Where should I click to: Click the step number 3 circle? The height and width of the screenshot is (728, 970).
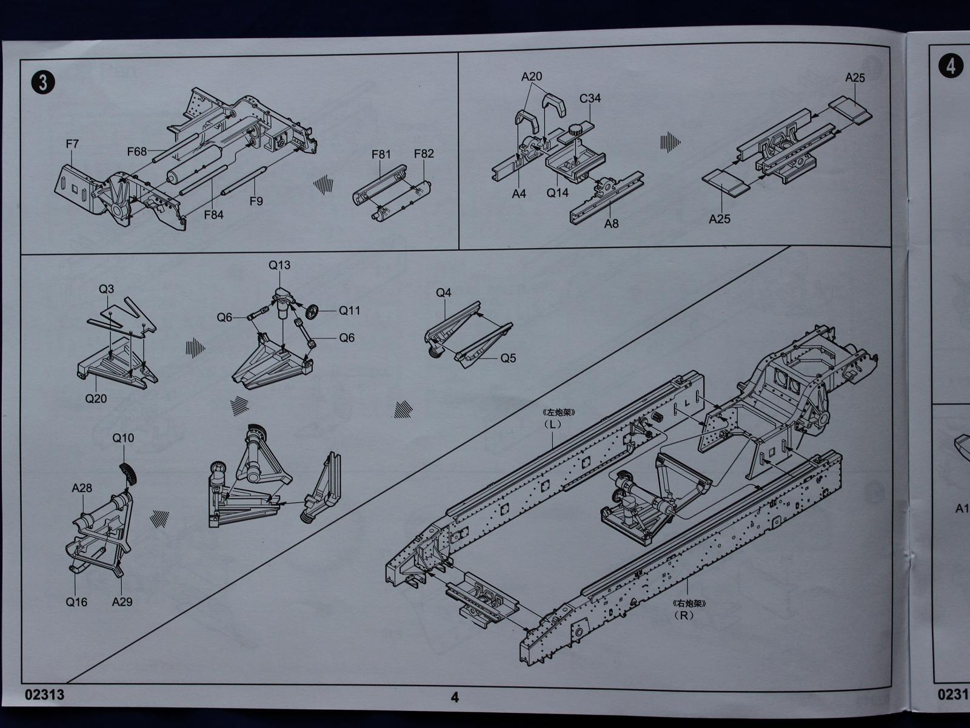point(42,82)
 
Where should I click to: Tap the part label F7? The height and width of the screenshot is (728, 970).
point(72,144)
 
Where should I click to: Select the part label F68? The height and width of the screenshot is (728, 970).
point(137,151)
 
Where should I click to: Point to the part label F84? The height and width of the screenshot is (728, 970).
point(213,214)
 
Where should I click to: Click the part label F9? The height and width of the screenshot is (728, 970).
point(256,201)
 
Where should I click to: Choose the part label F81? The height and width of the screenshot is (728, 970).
point(381,154)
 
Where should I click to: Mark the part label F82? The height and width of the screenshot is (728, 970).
point(424,153)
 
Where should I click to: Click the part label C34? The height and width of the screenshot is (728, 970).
point(590,98)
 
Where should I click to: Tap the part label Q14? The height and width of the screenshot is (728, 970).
point(558,193)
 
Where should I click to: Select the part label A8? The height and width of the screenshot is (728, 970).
point(611,224)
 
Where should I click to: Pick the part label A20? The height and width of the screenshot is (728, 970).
point(532,76)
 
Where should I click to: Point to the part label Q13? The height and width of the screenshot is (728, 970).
point(279,265)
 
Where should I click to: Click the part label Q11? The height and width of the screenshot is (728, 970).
point(349,311)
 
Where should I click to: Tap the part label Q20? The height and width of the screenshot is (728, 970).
point(96,399)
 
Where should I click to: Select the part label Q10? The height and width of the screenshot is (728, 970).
point(123,438)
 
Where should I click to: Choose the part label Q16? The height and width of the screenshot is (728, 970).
point(76,602)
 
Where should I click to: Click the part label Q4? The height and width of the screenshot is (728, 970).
point(444,292)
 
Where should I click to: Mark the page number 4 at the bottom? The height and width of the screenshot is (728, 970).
point(455,697)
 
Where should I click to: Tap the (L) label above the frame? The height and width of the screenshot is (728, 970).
point(552,424)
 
